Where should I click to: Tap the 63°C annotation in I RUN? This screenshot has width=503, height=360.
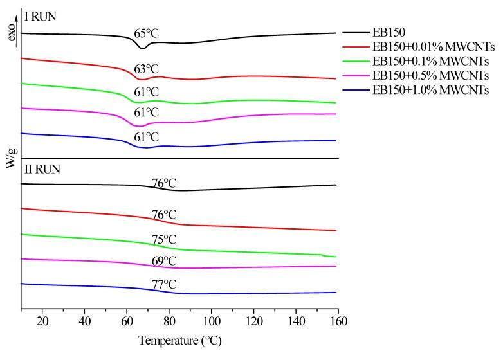[146, 69]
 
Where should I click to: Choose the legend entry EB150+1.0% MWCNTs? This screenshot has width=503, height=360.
[430, 90]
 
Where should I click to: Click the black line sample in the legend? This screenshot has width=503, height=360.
[355, 32]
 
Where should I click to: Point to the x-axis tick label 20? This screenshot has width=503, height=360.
[42, 321]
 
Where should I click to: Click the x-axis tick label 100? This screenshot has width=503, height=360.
[212, 321]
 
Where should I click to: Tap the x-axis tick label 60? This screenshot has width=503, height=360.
[127, 321]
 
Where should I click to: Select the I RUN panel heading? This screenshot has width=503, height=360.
[40, 17]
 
